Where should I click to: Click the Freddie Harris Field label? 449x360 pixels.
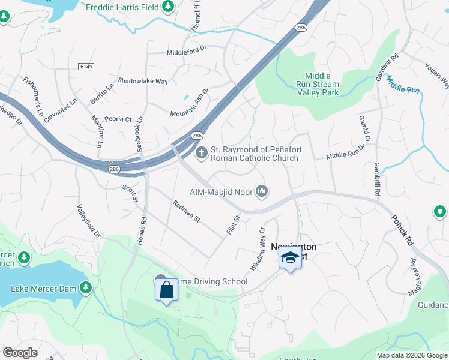(123, 7)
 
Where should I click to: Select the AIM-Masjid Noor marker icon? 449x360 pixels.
(261, 191)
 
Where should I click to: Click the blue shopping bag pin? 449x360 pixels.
(167, 290)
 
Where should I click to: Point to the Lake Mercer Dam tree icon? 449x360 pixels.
(86, 289)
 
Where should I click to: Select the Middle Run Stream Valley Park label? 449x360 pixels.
(318, 84)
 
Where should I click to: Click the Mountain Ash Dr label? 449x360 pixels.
(189, 103)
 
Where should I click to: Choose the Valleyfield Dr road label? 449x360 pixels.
(88, 223)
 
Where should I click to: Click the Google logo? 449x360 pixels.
(20, 353)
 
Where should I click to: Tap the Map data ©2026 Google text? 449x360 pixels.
(411, 355)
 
